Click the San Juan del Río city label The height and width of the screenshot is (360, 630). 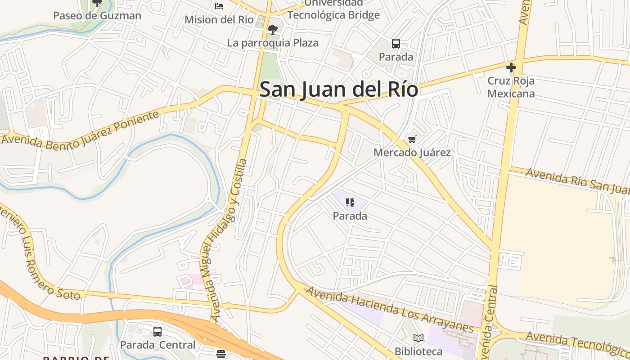click(x=338, y=89)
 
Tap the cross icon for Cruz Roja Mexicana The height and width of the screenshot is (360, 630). click(x=511, y=68)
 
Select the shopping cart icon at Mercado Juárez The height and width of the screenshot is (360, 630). click(x=412, y=139)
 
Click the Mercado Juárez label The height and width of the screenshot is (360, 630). click(x=412, y=153)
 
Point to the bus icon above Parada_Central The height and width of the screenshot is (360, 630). click(x=157, y=332)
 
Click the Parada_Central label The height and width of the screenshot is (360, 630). click(x=157, y=345)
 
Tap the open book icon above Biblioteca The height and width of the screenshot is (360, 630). click(x=418, y=338)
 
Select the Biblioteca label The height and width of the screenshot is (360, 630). click(x=418, y=351)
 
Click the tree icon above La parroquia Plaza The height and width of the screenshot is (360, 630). click(x=272, y=30)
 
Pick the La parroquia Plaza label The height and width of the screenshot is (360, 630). click(x=273, y=43)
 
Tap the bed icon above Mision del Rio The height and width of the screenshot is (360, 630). click(x=219, y=6)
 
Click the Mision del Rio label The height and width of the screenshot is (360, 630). click(x=219, y=20)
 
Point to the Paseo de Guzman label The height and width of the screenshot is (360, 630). click(x=97, y=16)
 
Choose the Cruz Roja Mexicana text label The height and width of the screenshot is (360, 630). click(x=511, y=87)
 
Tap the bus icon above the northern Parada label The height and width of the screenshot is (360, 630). click(x=396, y=44)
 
